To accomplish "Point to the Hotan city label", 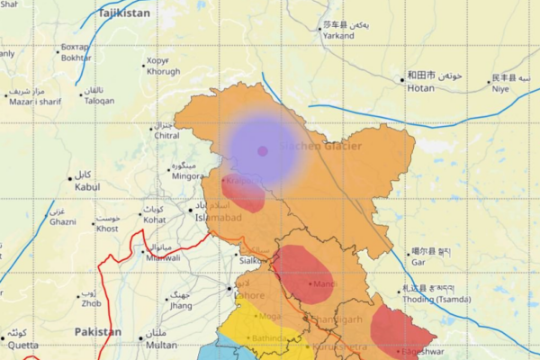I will click(420, 88).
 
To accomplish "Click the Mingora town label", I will click(188, 176).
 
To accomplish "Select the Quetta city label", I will click(23, 345).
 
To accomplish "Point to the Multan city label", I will click(161, 345).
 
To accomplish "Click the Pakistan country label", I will click(98, 332).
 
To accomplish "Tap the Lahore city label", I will click(248, 294).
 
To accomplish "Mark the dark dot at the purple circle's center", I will click(263, 151).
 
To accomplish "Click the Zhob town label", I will click(90, 303).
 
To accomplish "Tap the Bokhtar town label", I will click(76, 57).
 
